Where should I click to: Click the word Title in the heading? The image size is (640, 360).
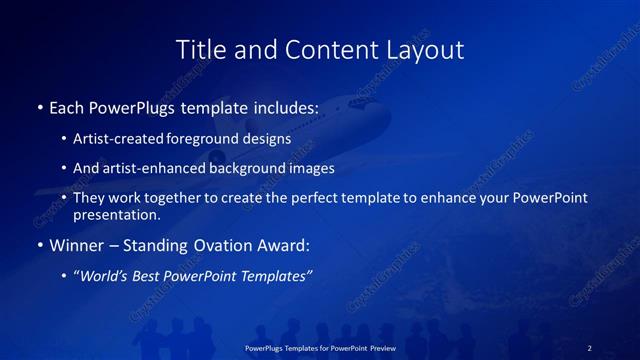199,49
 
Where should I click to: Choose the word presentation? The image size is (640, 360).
116,214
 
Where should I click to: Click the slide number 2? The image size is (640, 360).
590,347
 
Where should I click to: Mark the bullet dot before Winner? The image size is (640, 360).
39,243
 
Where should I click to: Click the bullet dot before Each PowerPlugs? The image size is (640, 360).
39,105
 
